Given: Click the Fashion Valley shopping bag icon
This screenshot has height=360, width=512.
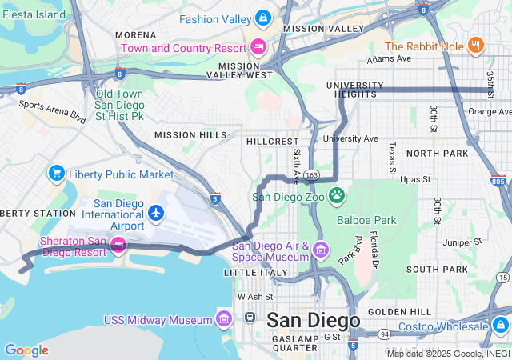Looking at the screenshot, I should click(262, 18).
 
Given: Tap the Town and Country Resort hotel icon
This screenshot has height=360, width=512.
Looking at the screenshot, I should click(258, 47).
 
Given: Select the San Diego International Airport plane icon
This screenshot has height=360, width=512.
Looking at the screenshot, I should click(156, 213).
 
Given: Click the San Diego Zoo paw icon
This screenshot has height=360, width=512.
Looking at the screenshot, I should click(338, 194).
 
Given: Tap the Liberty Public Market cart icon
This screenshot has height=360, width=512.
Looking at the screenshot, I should click(56, 173).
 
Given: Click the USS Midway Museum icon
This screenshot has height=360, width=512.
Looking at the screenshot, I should click(223, 320).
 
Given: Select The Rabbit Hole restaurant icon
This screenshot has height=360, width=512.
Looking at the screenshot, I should click(476, 46).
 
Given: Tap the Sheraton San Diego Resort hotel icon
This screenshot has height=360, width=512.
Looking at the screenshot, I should click(118, 243).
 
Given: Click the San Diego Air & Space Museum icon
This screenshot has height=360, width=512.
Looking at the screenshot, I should click(321, 250).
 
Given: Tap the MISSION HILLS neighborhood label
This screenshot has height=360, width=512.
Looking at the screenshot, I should click(190, 135).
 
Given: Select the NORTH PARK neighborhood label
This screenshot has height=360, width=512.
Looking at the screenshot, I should click(437, 153).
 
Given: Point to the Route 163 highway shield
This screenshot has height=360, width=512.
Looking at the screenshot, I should click(312, 174).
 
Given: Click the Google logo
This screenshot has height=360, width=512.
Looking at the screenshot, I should click(26, 350).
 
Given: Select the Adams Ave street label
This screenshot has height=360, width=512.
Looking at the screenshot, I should click(388, 59).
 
